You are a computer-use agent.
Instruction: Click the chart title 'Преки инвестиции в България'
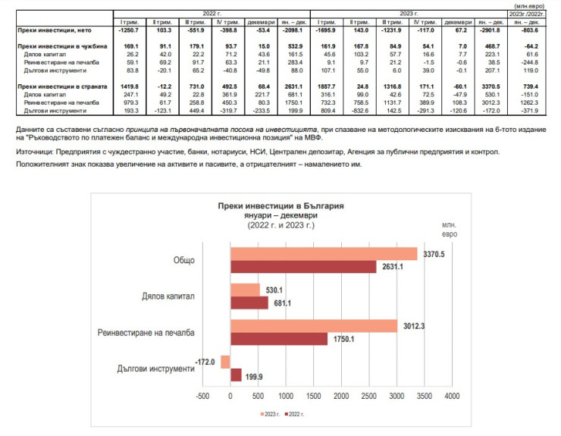click(280, 205)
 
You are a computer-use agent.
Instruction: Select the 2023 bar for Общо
click(324, 254)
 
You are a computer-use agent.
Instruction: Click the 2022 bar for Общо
click(303, 266)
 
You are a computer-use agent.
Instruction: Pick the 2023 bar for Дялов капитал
click(245, 290)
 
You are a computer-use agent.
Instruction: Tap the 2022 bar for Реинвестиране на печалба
click(279, 339)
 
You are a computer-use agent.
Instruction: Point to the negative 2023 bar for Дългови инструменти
click(225, 362)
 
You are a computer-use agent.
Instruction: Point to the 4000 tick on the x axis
click(452, 396)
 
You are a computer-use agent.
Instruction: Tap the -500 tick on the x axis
click(202, 396)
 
